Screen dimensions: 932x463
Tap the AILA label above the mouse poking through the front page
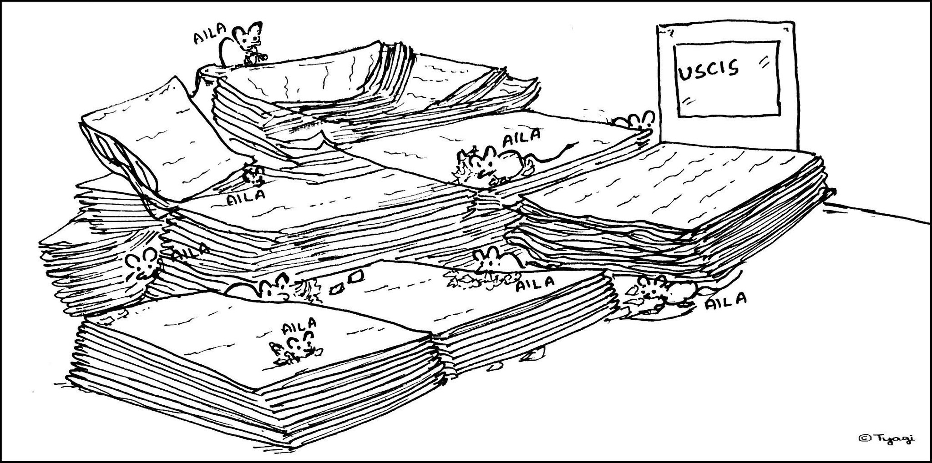click(299, 326)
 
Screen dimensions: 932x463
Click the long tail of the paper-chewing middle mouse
click(557, 152)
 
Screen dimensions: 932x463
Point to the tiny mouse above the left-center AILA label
click(254, 176)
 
